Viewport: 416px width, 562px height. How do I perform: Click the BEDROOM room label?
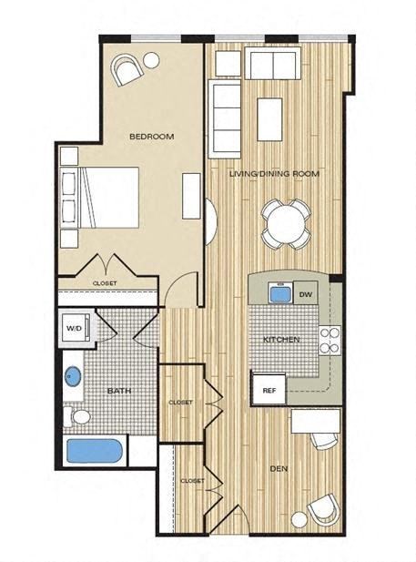(x=151, y=137)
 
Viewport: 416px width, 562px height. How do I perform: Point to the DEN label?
(x=279, y=469)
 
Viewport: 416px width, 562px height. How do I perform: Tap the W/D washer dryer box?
(x=75, y=329)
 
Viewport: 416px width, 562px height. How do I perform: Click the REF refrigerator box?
(x=269, y=390)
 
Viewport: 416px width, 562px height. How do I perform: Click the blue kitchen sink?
(x=279, y=294)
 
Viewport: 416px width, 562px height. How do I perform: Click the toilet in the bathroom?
(x=79, y=417)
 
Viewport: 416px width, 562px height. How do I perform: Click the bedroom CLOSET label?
(x=105, y=282)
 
